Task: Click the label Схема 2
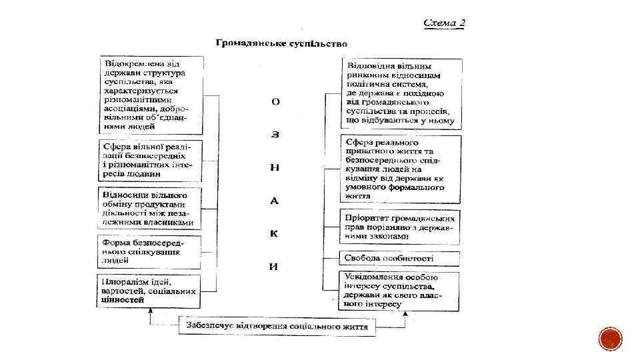click(445, 23)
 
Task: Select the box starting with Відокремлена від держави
click(151, 94)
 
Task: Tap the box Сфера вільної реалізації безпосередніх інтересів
click(150, 159)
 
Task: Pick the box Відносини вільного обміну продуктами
click(149, 207)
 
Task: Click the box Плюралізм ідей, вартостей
click(149, 291)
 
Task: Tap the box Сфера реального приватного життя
click(401, 169)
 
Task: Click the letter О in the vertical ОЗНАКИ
click(275, 102)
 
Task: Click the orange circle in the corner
click(611, 339)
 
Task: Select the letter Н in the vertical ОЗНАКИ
click(274, 167)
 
